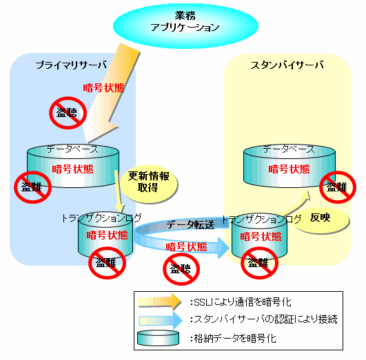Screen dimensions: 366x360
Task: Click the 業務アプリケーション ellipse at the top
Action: pos(185,25)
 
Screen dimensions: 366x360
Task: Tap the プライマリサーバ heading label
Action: pos(71,65)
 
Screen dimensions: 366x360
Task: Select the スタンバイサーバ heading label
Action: pos(287,65)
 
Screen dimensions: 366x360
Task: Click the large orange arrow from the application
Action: pos(112,93)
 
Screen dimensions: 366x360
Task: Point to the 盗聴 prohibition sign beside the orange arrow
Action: pos(68,113)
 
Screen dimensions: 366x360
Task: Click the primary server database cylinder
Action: pos(73,166)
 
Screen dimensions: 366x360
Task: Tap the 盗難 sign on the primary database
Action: pos(32,187)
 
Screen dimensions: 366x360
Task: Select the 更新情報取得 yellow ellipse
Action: pos(149,184)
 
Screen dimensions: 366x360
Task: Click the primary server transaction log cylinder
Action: pos(105,235)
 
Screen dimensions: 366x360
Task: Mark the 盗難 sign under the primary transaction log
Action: pos(107,263)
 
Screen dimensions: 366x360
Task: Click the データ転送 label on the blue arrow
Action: pos(190,225)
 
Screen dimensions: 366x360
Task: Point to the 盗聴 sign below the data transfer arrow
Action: pos(181,269)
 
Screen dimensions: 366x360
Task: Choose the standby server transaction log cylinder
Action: pos(259,236)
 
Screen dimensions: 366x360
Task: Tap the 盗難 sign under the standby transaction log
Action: pos(259,263)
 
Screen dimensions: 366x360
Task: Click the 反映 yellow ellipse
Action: pos(322,220)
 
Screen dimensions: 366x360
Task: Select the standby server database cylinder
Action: pos(289,166)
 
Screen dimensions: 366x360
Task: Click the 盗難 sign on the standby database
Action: pos(338,187)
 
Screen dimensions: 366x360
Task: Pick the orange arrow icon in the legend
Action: pos(160,301)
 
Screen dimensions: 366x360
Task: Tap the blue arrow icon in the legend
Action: pos(161,320)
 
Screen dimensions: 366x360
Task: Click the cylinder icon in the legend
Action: pos(159,338)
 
